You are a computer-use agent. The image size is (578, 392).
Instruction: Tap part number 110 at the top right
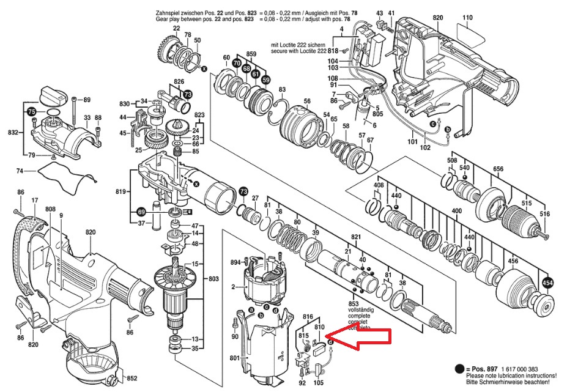pyautogui.click(x=468, y=18)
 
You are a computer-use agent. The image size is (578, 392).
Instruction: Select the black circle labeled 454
pyautogui.click(x=549, y=283)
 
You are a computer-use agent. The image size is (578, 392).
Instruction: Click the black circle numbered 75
pyautogui.click(x=31, y=113)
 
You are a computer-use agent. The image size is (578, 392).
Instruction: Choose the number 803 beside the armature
pyautogui.click(x=213, y=279)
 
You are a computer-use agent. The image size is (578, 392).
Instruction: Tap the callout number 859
pyautogui.click(x=251, y=54)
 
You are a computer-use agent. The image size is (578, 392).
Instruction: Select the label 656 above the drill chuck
pyautogui.click(x=498, y=169)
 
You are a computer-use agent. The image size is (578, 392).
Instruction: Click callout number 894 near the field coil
pyautogui.click(x=235, y=262)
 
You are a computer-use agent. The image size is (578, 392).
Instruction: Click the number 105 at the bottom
pyautogui.click(x=319, y=383)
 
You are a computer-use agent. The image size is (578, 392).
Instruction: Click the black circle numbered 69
pyautogui.click(x=141, y=212)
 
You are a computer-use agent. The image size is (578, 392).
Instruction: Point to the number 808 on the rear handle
pyautogui.click(x=50, y=209)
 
